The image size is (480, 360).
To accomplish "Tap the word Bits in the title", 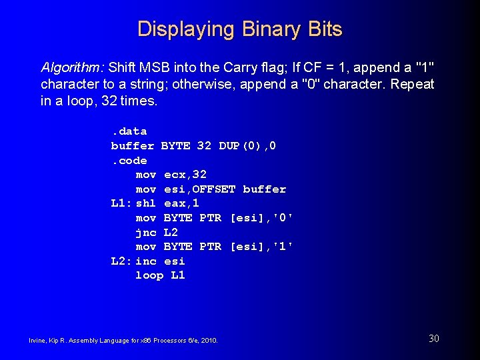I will pyautogui.click(x=325, y=30).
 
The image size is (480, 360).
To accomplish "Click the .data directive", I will pyautogui.click(x=129, y=131).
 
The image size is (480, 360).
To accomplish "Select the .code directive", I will pyautogui.click(x=129, y=161).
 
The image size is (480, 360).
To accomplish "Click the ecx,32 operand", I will pyautogui.click(x=185, y=175).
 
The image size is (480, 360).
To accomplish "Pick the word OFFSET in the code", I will pyautogui.click(x=214, y=189).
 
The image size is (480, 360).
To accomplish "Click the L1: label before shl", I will pyautogui.click(x=121, y=203).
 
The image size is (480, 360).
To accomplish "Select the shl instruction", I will pyautogui.click(x=145, y=203).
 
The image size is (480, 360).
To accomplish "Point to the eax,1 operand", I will pyautogui.click(x=181, y=203).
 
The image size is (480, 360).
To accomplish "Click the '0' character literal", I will pyautogui.click(x=283, y=218).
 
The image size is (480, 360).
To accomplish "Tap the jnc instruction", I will pyautogui.click(x=145, y=233).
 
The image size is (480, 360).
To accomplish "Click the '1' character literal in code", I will pyautogui.click(x=283, y=247).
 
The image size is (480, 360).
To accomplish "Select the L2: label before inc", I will pyautogui.click(x=121, y=261).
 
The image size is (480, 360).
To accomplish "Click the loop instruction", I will pyautogui.click(x=149, y=275).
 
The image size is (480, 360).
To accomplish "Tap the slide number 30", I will pyautogui.click(x=433, y=339).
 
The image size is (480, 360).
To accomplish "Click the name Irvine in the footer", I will pyautogui.click(x=38, y=341).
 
